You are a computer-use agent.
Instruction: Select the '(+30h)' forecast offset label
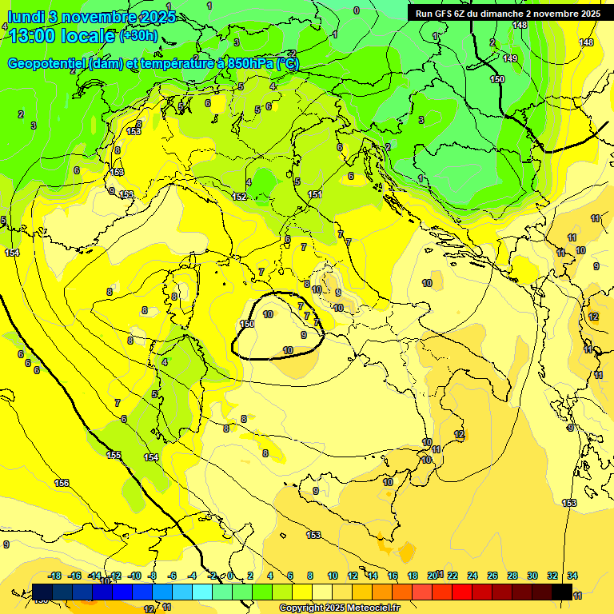(138, 36)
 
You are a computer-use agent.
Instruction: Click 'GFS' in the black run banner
(445, 14)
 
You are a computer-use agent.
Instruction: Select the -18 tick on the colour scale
(54, 576)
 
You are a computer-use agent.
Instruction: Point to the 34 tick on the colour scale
(572, 576)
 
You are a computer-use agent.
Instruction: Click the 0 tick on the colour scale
(230, 576)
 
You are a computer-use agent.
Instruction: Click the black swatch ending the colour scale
(562, 592)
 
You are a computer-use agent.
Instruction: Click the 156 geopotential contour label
(62, 483)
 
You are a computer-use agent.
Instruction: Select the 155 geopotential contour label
(114, 455)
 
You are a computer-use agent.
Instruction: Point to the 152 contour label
(239, 197)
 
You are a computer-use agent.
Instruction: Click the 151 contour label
(315, 195)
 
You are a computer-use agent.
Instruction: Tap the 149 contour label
(511, 58)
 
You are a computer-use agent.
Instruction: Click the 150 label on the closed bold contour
(247, 324)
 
